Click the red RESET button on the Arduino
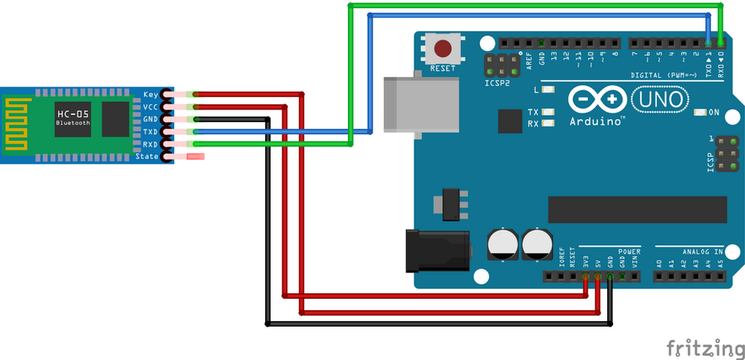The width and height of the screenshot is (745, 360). pos(443,49)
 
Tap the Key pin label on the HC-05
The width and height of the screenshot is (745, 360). pos(150,95)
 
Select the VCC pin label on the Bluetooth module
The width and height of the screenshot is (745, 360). pos(150,107)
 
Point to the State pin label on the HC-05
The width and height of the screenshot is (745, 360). pos(148,157)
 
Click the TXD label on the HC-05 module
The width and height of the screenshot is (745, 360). pos(150,132)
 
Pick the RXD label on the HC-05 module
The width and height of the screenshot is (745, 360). pos(150,144)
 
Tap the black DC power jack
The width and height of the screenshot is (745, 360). pos(436,250)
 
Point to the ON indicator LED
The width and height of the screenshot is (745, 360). pos(700,113)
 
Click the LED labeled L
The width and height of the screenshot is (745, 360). pos(550,90)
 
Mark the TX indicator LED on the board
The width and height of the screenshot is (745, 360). pos(550,113)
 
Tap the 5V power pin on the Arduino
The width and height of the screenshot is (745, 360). pos(597,277)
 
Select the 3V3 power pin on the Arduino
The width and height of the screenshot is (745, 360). pos(586,277)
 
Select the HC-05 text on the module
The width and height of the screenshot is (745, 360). pos(72,113)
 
